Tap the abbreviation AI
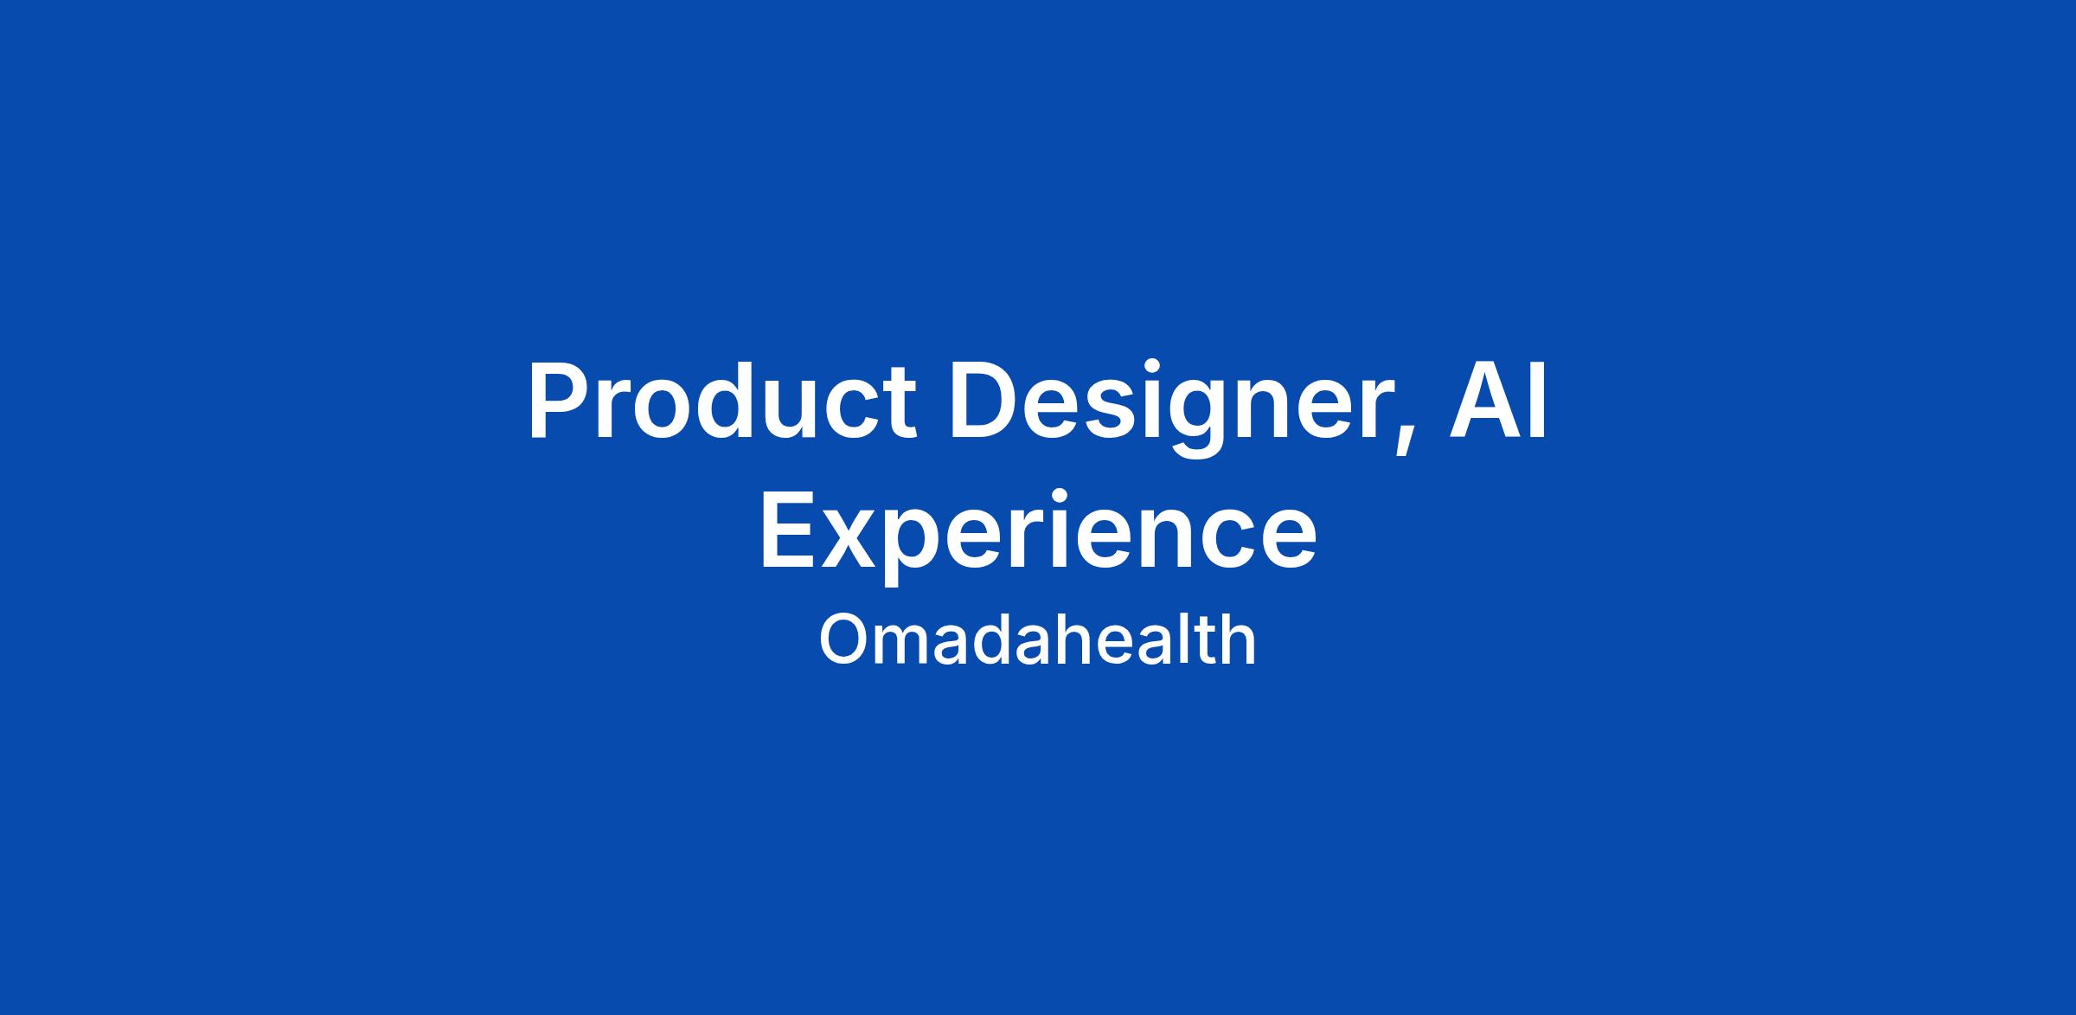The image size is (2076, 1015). click(1499, 402)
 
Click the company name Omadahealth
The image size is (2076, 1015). click(1037, 639)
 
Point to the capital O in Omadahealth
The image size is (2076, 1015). click(843, 639)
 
